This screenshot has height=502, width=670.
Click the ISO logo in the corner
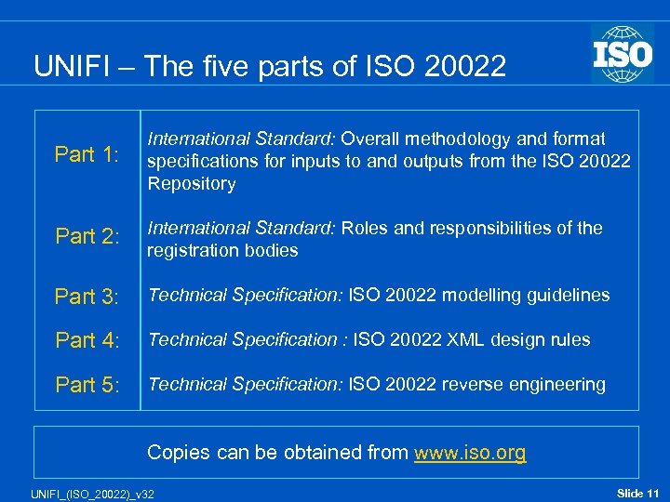622,54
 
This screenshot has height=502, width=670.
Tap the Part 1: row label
87,155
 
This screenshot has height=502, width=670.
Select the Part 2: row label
87,237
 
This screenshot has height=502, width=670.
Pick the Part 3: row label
87,297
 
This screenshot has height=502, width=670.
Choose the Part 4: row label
87,340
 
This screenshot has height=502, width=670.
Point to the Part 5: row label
87,385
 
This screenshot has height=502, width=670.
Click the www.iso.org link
470,453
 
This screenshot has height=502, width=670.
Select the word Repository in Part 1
192,184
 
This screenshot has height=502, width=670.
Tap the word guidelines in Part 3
569,296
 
